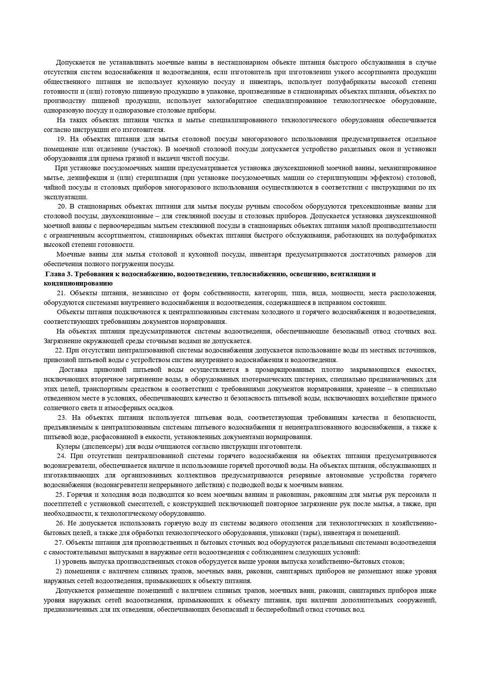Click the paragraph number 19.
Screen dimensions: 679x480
click(x=61, y=139)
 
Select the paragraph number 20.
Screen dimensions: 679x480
click(x=62, y=206)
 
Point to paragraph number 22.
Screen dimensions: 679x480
click(x=59, y=351)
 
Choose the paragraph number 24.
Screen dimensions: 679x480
click(x=61, y=456)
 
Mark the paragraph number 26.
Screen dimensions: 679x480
click(x=60, y=523)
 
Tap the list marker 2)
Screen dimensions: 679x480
click(x=58, y=571)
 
